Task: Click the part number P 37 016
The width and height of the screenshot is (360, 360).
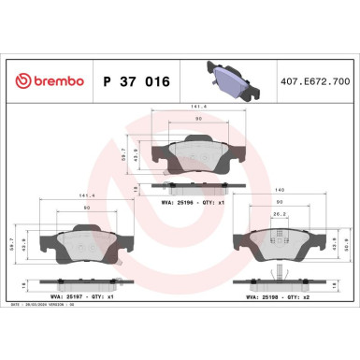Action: point(133,82)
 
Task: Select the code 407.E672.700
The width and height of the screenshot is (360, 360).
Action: point(316,82)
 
